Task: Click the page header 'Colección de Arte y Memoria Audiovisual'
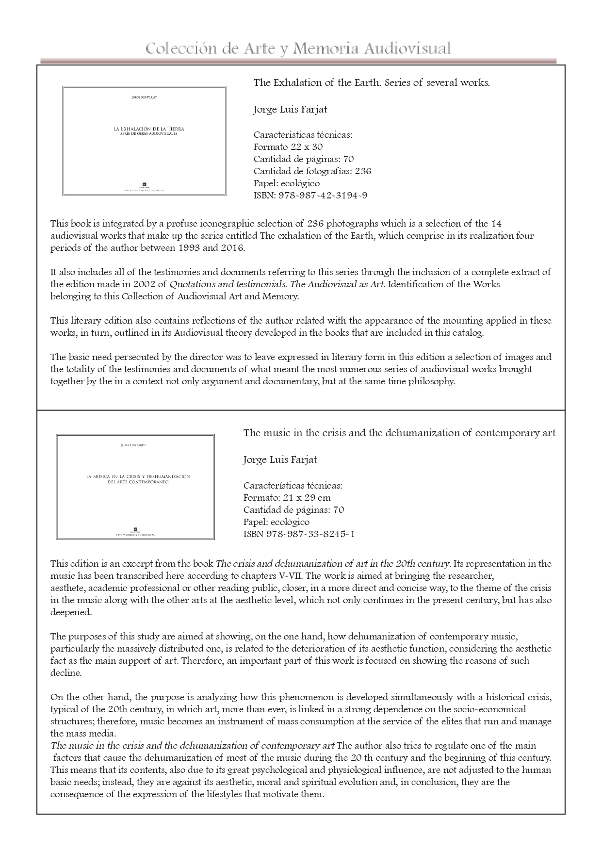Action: pyautogui.click(x=298, y=49)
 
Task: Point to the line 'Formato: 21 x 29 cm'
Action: pyautogui.click(x=287, y=498)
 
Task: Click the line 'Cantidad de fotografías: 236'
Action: pyautogui.click(x=312, y=171)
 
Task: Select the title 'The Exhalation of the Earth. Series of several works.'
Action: pyautogui.click(x=372, y=82)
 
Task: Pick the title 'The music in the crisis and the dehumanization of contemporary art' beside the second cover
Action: pyautogui.click(x=399, y=433)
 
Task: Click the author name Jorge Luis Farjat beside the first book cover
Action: pyautogui.click(x=290, y=109)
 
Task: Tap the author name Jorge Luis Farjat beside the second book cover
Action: pyautogui.click(x=280, y=460)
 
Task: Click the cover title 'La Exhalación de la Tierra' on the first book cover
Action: pyautogui.click(x=149, y=129)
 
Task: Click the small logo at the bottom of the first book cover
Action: pyautogui.click(x=144, y=184)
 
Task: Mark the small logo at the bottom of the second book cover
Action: pyautogui.click(x=135, y=529)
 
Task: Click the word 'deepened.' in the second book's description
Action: pyautogui.click(x=71, y=612)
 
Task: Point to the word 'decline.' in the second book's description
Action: pyautogui.click(x=66, y=673)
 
